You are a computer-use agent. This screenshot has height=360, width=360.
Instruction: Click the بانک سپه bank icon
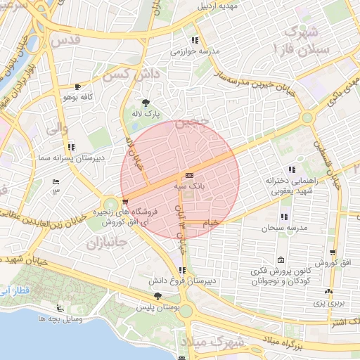point(189,175)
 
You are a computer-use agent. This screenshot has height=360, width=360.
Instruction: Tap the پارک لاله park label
point(148,112)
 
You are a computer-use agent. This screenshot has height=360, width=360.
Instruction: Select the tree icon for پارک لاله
point(146,102)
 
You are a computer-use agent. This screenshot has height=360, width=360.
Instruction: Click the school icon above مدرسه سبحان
point(284,217)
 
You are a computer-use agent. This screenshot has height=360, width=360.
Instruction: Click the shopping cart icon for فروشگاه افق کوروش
point(125,204)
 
